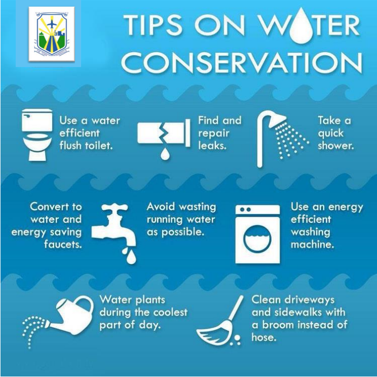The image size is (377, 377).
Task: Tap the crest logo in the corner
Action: click(x=52, y=34)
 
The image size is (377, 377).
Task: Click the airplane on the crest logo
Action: click(x=51, y=23)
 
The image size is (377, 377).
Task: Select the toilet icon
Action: click(x=37, y=134)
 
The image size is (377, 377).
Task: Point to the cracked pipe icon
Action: click(x=164, y=133)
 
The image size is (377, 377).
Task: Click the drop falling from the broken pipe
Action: click(x=165, y=154)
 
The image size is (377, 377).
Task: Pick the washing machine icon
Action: click(x=257, y=234)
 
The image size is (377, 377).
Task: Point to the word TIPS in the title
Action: click(x=153, y=25)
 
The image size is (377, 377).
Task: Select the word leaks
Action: click(x=212, y=146)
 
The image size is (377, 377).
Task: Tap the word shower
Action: click(x=335, y=146)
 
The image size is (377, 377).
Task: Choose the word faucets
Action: click(x=63, y=244)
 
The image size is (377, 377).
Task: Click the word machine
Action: click(x=312, y=245)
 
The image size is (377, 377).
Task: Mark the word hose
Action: click(x=264, y=337)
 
